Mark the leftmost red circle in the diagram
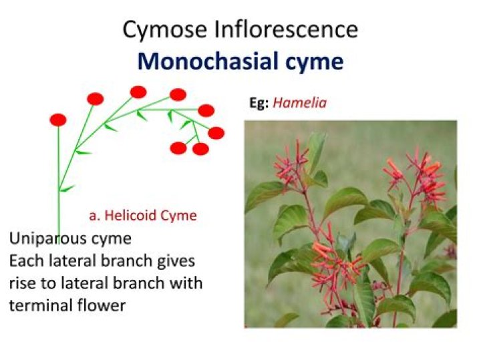pyautogui.click(x=58, y=120)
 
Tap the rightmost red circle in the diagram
pyautogui.click(x=216, y=133)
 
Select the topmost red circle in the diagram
pyautogui.click(x=138, y=92)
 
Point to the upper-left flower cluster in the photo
pyautogui.click(x=291, y=164)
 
